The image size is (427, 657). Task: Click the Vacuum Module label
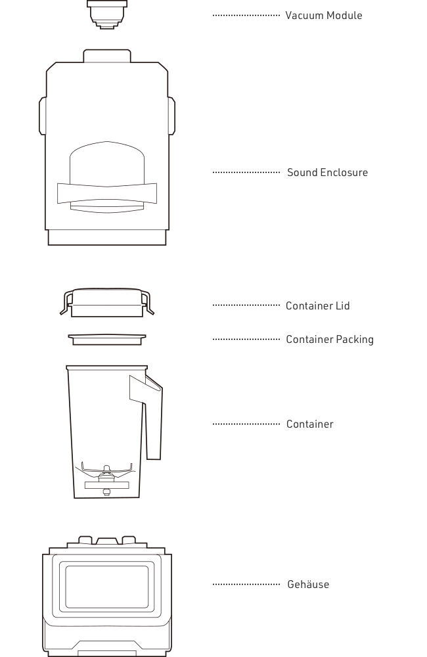(323, 16)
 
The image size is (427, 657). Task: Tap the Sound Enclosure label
(327, 172)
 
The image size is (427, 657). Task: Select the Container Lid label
(318, 306)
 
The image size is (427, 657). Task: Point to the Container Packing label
(330, 340)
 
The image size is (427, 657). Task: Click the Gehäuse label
(308, 584)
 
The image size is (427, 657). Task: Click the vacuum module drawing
(107, 14)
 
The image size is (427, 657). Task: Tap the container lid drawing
(107, 302)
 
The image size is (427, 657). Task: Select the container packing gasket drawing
(107, 340)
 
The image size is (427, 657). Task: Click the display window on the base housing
(107, 587)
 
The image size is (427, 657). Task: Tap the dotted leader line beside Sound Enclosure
(246, 172)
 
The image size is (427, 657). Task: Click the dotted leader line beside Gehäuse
(246, 584)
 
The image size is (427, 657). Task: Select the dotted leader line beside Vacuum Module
(246, 15)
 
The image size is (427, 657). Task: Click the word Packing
(355, 340)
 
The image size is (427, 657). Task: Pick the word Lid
(343, 306)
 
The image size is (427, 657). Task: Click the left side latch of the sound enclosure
(42, 116)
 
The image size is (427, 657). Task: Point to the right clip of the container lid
(147, 304)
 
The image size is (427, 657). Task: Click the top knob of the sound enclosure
(107, 56)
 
